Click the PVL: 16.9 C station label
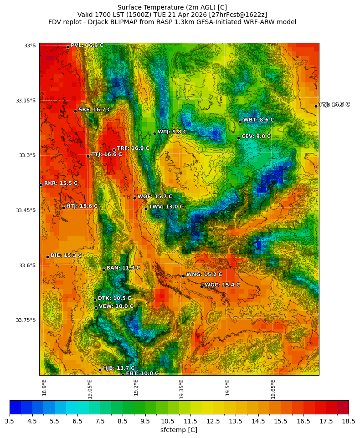pos(87,46)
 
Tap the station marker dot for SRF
pos(75,111)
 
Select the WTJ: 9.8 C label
pos(172,132)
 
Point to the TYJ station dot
pos(316,106)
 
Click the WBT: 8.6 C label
pos(258,120)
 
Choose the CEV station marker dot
pos(238,138)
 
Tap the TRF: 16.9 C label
pos(133,148)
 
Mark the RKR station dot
pos(41,185)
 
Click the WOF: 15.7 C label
pos(155,197)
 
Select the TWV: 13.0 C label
pos(166,207)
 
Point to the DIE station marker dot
pos(47,257)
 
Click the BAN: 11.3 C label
pos(123,268)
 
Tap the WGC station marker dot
pos(201,286)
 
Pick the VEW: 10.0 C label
pos(116,306)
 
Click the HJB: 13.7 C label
pos(118,368)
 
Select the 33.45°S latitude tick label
pos(26,210)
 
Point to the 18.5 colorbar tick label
pos(349,422)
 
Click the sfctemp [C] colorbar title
pos(179,430)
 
